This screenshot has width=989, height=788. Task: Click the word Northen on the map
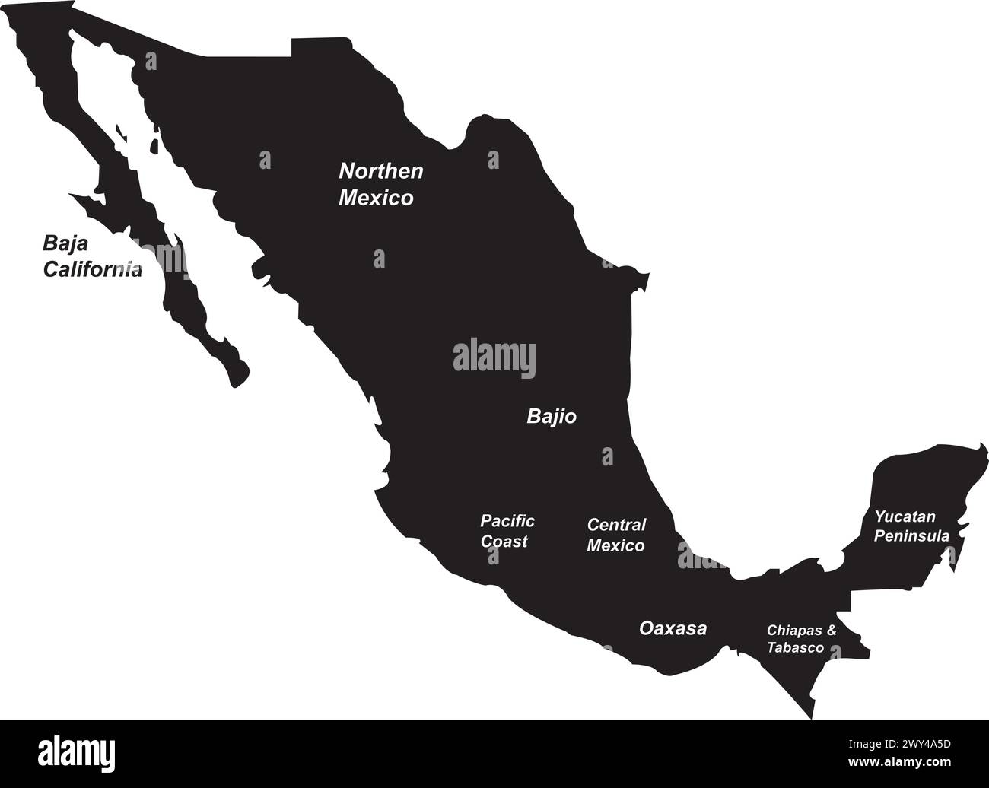pos(380,171)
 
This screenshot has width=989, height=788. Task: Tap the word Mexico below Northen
pos(376,199)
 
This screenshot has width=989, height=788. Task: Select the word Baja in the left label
pos(65,243)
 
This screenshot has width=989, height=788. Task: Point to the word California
pos(92,269)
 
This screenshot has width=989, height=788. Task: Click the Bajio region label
pos(552,417)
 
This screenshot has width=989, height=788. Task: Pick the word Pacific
pos(507,521)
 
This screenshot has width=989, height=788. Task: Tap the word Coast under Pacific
pos(504,542)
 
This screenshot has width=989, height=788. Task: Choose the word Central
pos(616,525)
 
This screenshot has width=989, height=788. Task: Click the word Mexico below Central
pos(615,545)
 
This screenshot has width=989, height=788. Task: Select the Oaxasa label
pos(673,629)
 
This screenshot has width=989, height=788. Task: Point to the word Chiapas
pos(794,631)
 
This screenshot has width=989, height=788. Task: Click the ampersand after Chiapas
pos(831,631)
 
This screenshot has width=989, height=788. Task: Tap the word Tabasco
pos(795,648)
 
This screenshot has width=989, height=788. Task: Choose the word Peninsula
pos(911,536)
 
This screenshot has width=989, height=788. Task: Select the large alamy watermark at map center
pos(494,358)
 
